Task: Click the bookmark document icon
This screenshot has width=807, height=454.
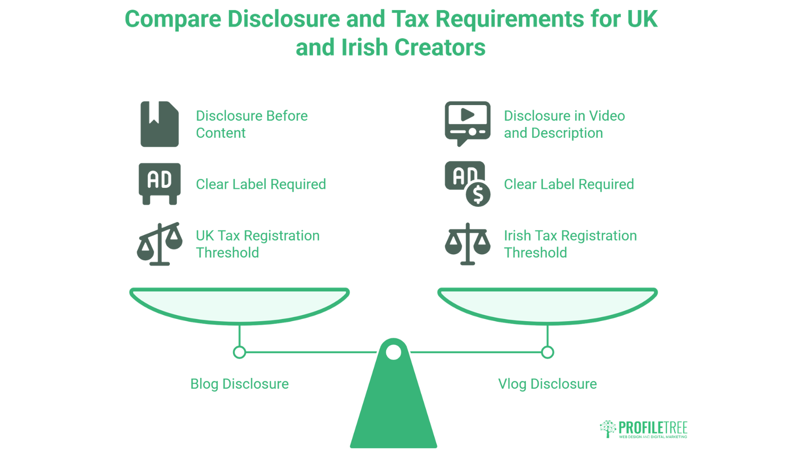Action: [160, 124]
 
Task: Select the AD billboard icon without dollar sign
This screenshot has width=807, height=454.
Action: [160, 184]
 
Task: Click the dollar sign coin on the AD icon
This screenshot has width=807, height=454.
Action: [478, 195]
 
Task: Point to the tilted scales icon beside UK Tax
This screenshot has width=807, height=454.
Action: [160, 244]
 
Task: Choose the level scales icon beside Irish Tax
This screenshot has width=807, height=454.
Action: [468, 244]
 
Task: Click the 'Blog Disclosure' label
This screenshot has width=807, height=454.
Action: [240, 384]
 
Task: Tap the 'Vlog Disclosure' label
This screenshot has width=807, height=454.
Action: [548, 384]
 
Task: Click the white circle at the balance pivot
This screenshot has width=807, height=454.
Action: [393, 352]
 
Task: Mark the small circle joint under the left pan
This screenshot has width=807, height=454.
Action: [240, 352]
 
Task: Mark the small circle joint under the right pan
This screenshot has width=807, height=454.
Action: [548, 352]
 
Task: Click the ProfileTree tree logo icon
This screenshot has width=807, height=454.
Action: [608, 429]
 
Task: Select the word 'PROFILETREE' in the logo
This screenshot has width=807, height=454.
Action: [653, 428]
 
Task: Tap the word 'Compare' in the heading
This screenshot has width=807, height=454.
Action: [173, 19]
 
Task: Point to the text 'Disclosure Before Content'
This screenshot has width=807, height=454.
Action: [252, 124]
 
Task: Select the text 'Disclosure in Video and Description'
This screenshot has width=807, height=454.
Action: [564, 124]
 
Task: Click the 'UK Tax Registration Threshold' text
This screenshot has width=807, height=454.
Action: [258, 244]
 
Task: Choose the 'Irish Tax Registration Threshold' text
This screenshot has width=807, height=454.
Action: [570, 244]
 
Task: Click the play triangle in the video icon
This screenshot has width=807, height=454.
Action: [467, 114]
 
